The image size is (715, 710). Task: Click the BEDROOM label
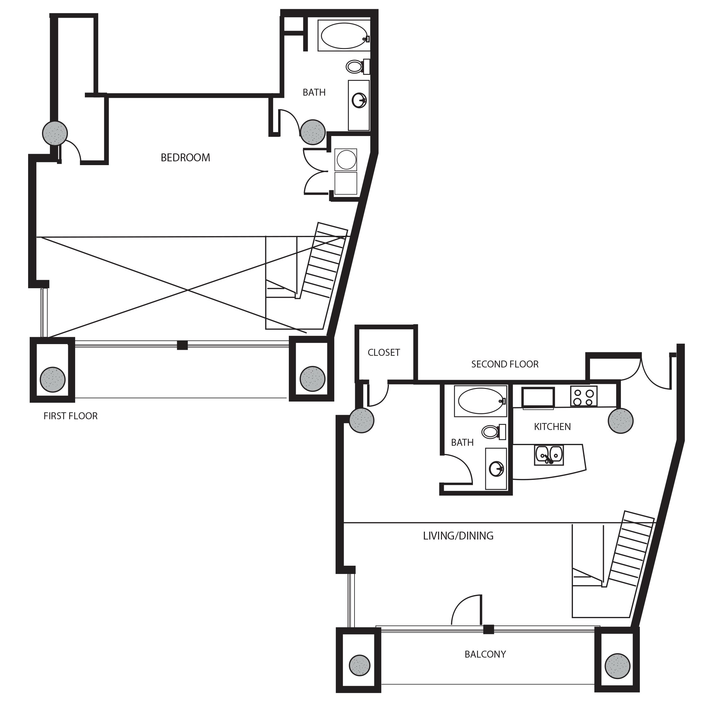tap(185, 158)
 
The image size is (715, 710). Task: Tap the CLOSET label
tap(384, 352)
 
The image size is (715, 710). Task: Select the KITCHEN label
tap(552, 427)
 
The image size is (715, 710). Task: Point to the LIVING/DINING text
tap(458, 536)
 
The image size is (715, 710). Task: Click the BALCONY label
tap(485, 654)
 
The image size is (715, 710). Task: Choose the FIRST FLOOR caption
tap(70, 416)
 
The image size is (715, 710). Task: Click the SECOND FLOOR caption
tap(504, 364)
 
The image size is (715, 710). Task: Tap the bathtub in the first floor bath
tap(344, 36)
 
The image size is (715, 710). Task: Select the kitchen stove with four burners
tap(583, 396)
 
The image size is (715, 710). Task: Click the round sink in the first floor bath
tap(359, 100)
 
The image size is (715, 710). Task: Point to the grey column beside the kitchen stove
tap(620, 421)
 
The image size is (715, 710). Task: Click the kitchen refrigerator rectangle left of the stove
tap(538, 397)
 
